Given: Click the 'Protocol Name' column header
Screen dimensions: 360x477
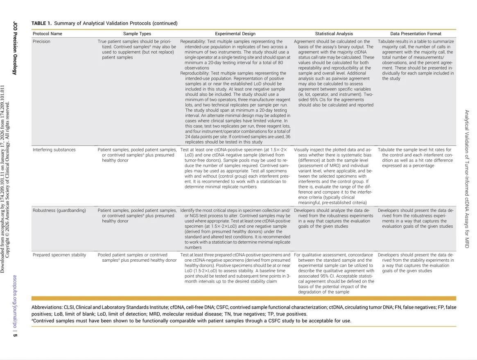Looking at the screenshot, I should point(47,34).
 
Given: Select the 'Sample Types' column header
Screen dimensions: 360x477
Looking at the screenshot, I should point(137,34).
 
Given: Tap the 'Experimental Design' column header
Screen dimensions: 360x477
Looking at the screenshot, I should point(235,34).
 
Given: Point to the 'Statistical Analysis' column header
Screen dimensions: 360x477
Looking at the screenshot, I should point(334,34).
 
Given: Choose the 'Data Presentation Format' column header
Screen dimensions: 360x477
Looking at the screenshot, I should point(416,34).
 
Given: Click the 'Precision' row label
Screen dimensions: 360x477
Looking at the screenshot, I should point(42,42).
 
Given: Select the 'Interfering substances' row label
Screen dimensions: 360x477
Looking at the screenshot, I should point(54,150).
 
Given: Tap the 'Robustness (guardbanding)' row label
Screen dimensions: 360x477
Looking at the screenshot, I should point(59,211).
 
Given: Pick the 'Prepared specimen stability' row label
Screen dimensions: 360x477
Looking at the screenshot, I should point(59,255).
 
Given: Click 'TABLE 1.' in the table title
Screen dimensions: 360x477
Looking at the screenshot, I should point(41,23).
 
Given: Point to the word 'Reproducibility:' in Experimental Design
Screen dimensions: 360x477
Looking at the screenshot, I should point(195,73).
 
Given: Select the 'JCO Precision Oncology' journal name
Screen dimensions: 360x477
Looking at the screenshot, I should point(15,48).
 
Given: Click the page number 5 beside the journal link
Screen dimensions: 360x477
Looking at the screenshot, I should point(15,335).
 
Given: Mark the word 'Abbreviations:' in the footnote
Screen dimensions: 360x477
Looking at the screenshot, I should point(47,307).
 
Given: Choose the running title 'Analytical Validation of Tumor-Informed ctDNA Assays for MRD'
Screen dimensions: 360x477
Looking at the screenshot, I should point(466,178).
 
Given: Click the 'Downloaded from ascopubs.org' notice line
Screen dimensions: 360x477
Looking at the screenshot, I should point(3,178).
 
